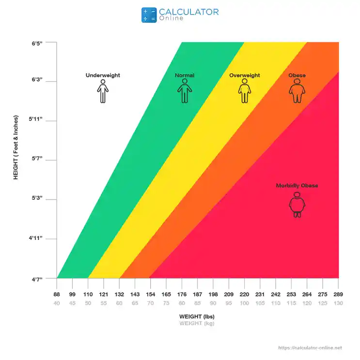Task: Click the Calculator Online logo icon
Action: [x=149, y=15]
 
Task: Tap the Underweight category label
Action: [x=103, y=75]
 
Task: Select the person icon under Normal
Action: [x=185, y=91]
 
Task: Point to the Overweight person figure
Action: [x=245, y=91]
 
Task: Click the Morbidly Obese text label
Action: [x=297, y=186]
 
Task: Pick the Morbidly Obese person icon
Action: [x=297, y=204]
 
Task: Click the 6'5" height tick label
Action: [x=37, y=44]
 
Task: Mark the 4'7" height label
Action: [x=37, y=280]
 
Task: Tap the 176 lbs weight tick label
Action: [x=182, y=294]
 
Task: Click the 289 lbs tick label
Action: [x=338, y=294]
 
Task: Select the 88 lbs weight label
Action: [x=57, y=294]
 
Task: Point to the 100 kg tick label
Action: [x=244, y=303]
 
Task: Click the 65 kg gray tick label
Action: [x=135, y=303]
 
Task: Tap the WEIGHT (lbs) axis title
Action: [x=197, y=316]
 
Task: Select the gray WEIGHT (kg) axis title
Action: [x=197, y=324]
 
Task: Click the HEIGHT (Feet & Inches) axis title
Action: [x=16, y=147]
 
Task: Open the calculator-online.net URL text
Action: [x=310, y=348]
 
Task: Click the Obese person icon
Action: [x=297, y=91]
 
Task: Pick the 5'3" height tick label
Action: [x=37, y=198]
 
